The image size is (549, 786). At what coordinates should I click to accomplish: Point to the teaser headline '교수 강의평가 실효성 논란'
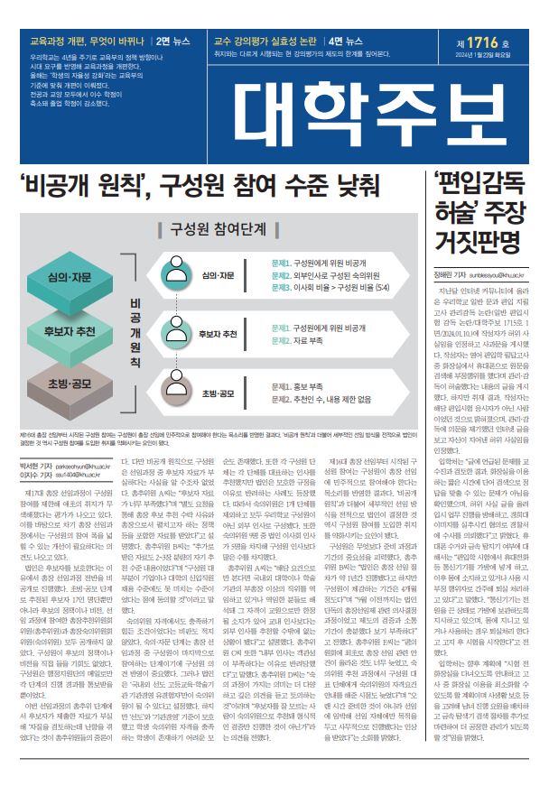(265, 42)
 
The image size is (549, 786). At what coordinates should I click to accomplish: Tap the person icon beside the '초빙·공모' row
(175, 393)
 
